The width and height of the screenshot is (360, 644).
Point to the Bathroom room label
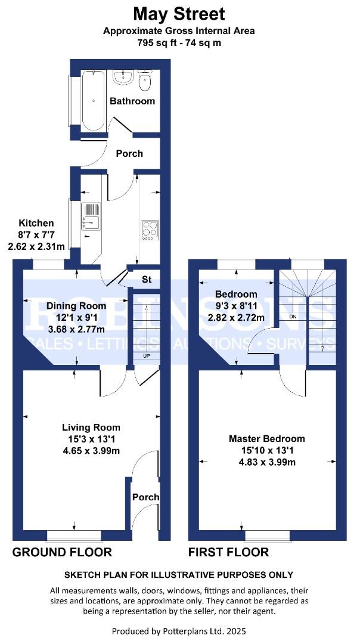132,101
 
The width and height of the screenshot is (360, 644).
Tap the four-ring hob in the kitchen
150,230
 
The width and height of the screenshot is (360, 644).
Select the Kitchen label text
36,223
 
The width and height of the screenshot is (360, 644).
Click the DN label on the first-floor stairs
293,317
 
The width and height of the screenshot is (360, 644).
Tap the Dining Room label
76,306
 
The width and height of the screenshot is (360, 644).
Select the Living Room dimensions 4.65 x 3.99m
91,450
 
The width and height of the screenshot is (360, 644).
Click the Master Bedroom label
266,438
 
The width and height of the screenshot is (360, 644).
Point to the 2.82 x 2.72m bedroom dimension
236,317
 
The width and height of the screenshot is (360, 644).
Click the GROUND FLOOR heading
62,552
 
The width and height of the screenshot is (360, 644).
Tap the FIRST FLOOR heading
228,552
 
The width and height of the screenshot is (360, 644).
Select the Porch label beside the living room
145,497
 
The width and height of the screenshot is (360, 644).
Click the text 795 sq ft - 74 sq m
179,42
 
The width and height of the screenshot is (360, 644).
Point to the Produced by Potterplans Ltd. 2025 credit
179,630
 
